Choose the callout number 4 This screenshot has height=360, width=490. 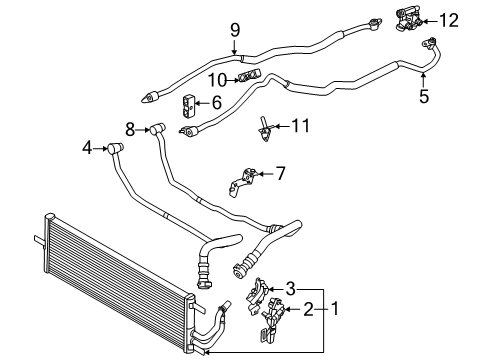[87, 149]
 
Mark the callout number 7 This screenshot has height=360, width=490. [280, 173]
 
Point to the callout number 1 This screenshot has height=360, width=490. [337, 309]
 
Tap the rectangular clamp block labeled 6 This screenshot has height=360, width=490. [188, 102]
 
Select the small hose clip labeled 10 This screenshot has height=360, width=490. [245, 77]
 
